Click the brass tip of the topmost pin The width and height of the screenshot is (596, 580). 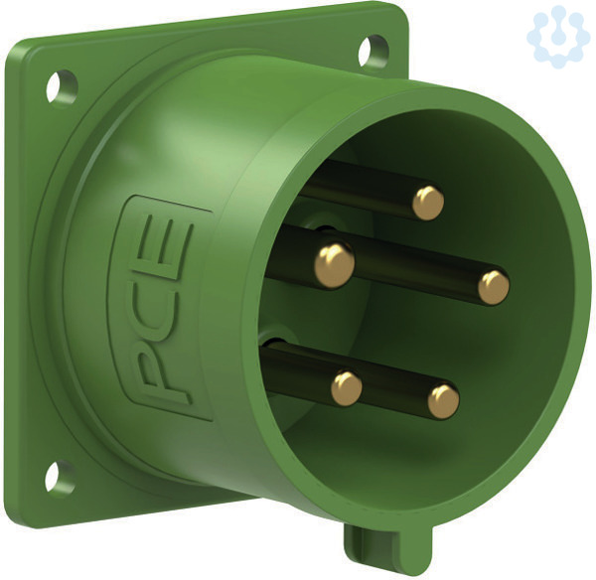(x=428, y=203)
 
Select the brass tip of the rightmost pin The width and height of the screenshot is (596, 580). (x=494, y=287)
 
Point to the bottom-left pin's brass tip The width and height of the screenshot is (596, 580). (x=347, y=388)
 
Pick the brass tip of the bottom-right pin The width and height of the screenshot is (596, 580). (x=443, y=401)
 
